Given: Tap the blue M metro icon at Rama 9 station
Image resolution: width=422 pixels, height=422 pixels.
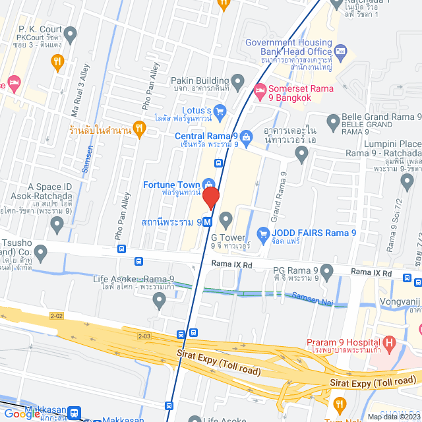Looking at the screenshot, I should (x=207, y=222).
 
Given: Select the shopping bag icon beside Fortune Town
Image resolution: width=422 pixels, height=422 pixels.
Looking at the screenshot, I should (x=208, y=183).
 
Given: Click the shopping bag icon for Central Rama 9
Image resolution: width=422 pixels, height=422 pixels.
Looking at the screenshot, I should (x=246, y=136).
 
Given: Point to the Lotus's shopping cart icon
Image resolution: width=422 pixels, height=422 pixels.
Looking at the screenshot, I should (x=220, y=110).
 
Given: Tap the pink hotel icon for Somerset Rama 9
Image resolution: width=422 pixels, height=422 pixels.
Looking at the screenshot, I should (x=260, y=89).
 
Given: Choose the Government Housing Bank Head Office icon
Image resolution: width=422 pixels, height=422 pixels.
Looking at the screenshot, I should (x=340, y=51).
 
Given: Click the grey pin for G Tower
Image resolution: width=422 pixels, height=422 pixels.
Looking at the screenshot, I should (x=226, y=218).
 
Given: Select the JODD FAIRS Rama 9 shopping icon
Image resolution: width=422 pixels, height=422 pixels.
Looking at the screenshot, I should (x=264, y=232).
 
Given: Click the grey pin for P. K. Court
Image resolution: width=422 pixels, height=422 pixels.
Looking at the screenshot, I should (x=71, y=33).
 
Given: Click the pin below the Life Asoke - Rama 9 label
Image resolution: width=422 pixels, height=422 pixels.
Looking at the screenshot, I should (x=159, y=300).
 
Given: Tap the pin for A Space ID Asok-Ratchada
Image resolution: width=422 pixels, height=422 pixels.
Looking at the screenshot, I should (x=57, y=224).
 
